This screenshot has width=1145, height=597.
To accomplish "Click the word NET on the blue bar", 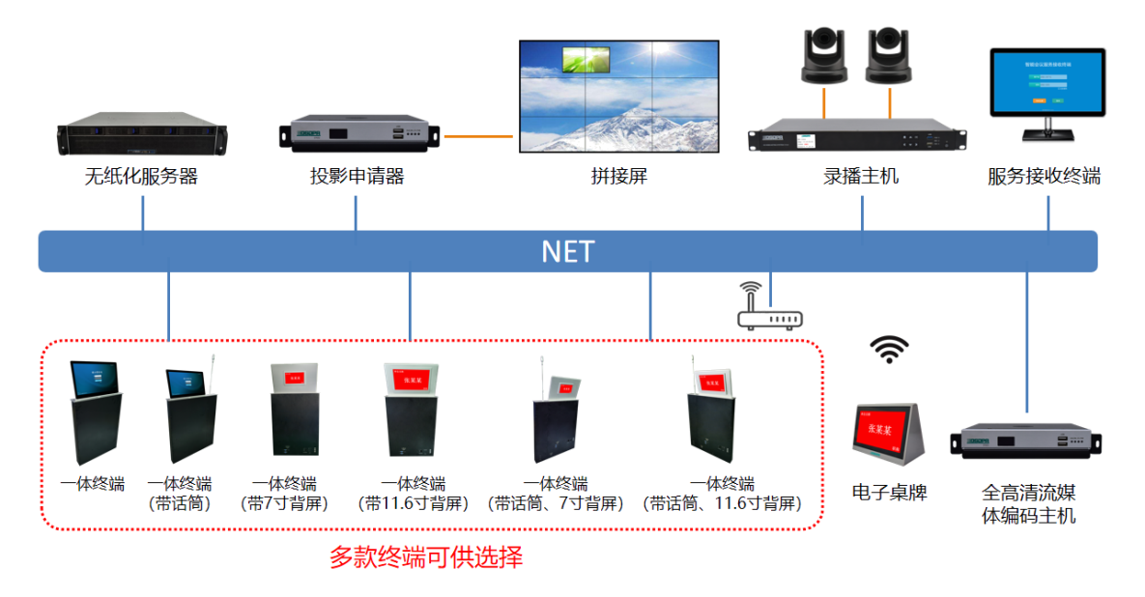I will [x=568, y=252].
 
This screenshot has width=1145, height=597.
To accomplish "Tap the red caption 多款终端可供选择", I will [x=425, y=558].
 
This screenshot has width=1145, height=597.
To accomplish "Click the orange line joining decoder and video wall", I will [x=478, y=136].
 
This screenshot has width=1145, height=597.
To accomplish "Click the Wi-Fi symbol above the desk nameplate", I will [x=889, y=349].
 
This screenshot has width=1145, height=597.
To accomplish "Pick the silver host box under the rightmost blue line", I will [x=1027, y=441].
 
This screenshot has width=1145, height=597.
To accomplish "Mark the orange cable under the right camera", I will [x=889, y=100].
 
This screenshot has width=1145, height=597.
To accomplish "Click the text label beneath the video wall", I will [x=618, y=177].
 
